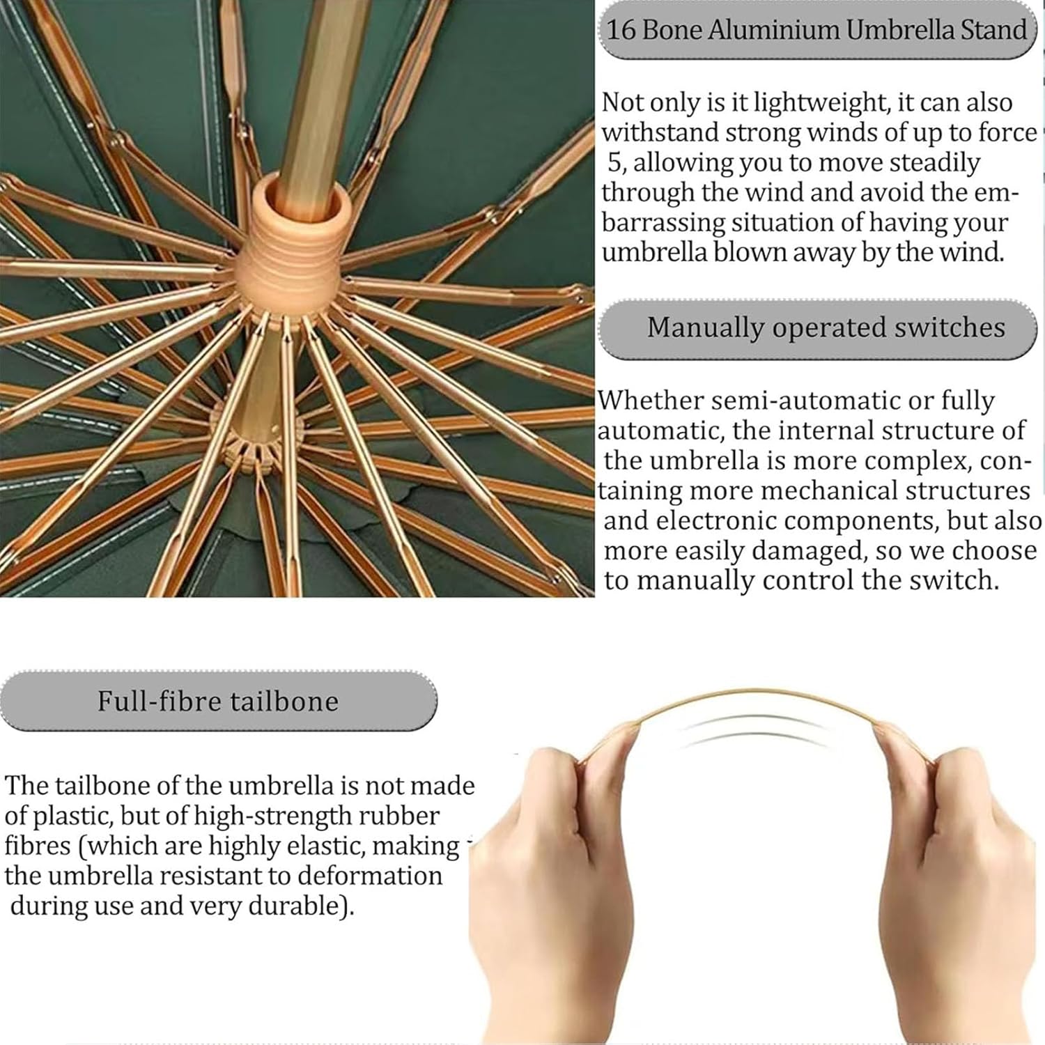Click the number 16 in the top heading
click(621, 30)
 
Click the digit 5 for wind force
click(614, 163)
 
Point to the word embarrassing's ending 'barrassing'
click(663, 224)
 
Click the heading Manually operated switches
click(826, 327)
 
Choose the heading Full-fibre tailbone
click(218, 701)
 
